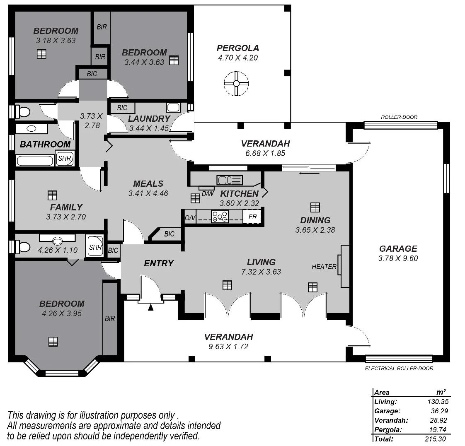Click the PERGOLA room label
click(x=237, y=48)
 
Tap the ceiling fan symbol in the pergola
click(x=236, y=84)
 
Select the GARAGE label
click(x=398, y=248)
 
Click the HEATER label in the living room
click(x=324, y=267)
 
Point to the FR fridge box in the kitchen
click(x=252, y=217)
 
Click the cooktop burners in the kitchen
click(x=220, y=216)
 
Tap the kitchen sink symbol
click(x=230, y=180)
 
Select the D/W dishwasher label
click(x=208, y=194)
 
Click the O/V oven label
click(x=190, y=218)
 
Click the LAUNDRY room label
click(x=149, y=119)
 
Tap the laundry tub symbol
click(x=173, y=107)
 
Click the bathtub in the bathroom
click(x=35, y=161)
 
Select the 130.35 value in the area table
click(x=438, y=402)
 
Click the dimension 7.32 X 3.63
click(x=261, y=272)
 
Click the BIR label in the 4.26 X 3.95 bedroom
click(x=110, y=318)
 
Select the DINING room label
click(x=315, y=220)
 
